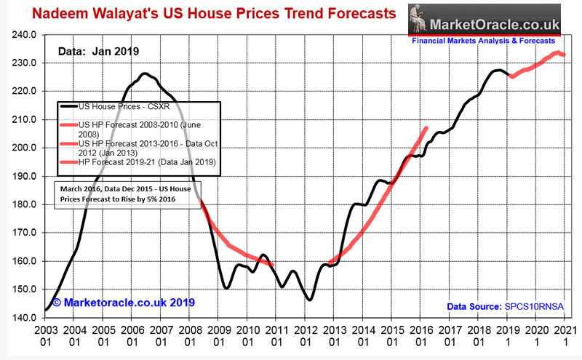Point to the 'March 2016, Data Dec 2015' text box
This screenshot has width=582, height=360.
point(126,194)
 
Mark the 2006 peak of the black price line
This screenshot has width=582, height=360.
point(144,73)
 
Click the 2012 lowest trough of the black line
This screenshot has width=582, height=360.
point(310,300)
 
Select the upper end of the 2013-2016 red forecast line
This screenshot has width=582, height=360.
point(426,128)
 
